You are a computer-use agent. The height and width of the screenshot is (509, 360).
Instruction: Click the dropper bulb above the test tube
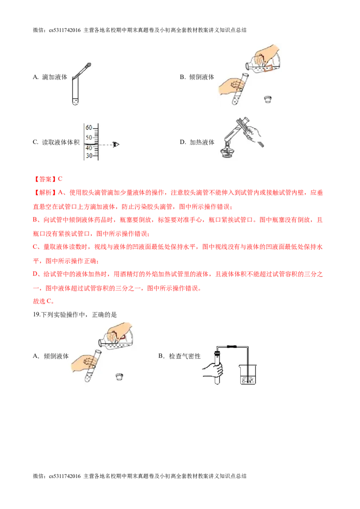pos(88,65)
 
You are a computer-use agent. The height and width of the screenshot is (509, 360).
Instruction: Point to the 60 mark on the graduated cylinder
pos(89,128)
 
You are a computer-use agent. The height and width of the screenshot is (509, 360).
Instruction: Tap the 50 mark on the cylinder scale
pos(89,137)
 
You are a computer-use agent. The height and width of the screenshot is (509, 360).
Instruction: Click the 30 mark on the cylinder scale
pos(89,156)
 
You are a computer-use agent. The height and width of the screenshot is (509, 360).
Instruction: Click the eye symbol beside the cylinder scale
pos(117,144)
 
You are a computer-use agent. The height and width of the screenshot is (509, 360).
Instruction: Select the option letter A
pos(36,356)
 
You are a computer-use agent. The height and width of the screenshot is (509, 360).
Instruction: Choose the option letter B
pos(161,356)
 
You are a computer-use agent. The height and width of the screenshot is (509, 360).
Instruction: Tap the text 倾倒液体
pos(56,356)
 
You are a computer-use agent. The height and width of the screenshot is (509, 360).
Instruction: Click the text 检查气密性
pos(184,356)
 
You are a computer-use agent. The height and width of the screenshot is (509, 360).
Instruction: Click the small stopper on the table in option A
pos(119,376)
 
